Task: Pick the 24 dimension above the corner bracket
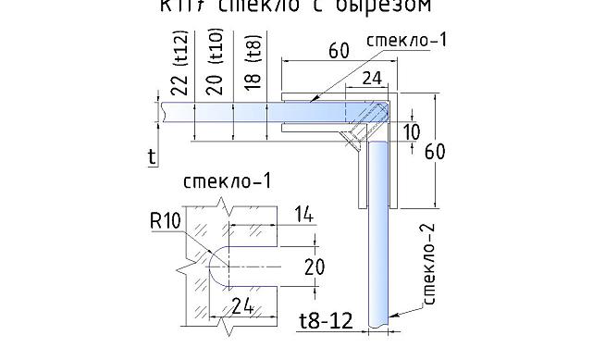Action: point(372,80)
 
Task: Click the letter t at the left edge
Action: point(152,157)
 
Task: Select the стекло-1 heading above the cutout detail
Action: point(227,180)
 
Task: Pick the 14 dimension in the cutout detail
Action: point(303,216)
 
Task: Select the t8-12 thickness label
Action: point(326,321)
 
